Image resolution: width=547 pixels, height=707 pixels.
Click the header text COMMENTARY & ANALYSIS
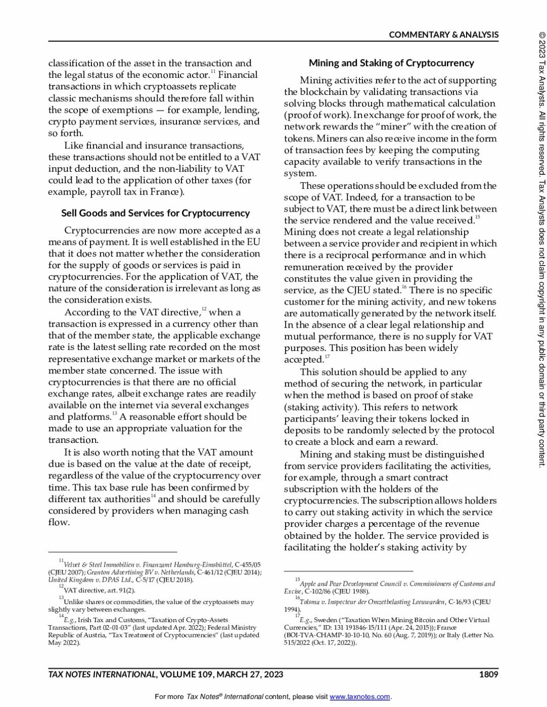(443, 35)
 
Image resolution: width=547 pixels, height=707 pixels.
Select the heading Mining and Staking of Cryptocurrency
(391, 63)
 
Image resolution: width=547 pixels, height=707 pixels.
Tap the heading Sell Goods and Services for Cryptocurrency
(155, 213)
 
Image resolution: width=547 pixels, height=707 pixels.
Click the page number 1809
(488, 674)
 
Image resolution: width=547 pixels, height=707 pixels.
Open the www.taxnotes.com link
(360, 697)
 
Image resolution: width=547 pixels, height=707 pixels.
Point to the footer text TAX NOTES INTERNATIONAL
(102, 674)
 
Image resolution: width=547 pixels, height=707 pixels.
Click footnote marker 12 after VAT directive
(204, 309)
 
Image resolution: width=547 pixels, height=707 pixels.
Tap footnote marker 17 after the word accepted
(327, 357)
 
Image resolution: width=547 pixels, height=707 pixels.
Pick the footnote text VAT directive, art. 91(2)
(99, 590)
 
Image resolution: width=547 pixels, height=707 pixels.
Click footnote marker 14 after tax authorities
(153, 496)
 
